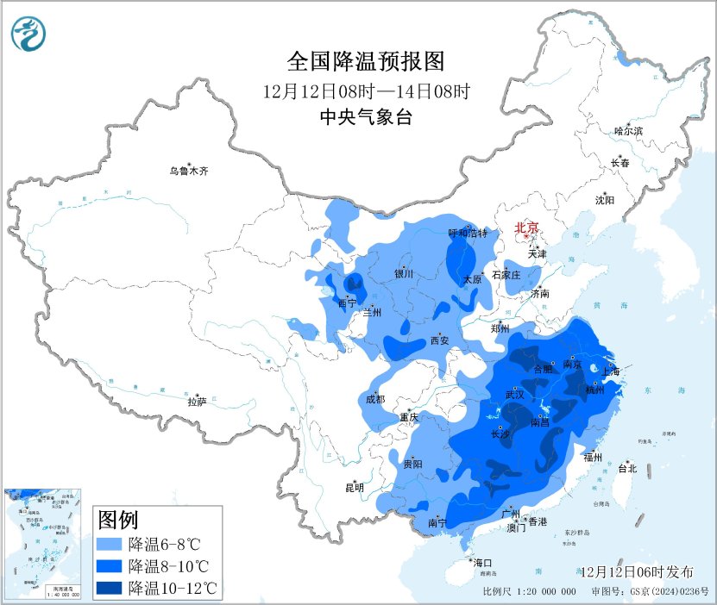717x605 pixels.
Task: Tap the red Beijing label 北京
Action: pos(526,228)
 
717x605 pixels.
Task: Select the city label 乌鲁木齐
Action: pos(188,172)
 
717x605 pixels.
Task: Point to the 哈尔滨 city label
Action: pos(628,131)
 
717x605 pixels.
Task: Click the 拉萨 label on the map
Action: pos(197,402)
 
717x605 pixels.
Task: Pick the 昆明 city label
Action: pos(355,488)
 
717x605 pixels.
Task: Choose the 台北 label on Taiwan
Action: pos(627,469)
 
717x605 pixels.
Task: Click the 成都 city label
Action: pos(375,399)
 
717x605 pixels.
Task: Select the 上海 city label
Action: pos(610,372)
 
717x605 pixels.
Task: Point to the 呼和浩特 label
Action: pos(468,234)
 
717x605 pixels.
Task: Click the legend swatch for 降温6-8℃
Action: pos(110,545)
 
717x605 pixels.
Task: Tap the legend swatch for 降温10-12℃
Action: pos(110,588)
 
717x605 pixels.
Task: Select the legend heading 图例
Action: pos(119,520)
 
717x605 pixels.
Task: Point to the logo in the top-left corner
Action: pos(29,34)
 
